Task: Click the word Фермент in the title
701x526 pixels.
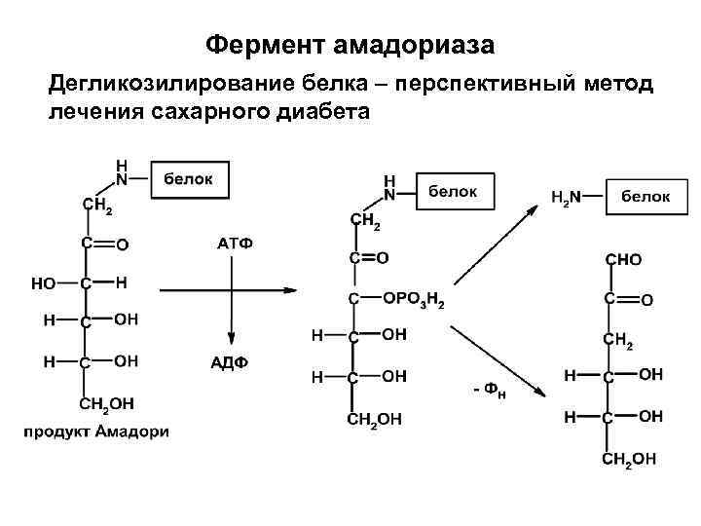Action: pos(266,45)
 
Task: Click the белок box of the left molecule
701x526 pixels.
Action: pos(192,179)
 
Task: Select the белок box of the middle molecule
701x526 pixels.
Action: pos(454,192)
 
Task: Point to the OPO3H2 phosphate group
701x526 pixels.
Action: pos(414,302)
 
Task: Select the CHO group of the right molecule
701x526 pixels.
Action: pos(624,260)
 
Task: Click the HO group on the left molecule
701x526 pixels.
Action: pos(44,283)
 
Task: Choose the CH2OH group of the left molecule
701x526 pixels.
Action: pos(110,403)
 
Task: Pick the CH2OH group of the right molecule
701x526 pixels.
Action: pos(628,458)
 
